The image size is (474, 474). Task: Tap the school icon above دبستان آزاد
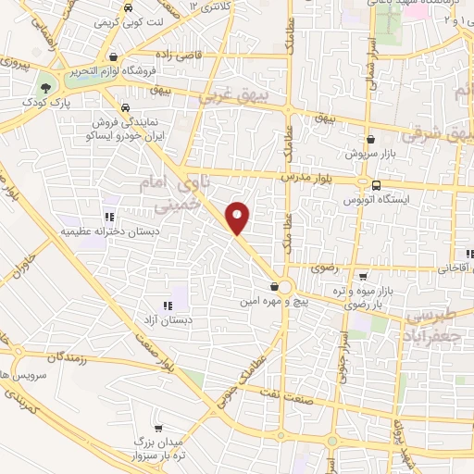[167, 305]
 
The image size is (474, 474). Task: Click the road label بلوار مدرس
[306, 175]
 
